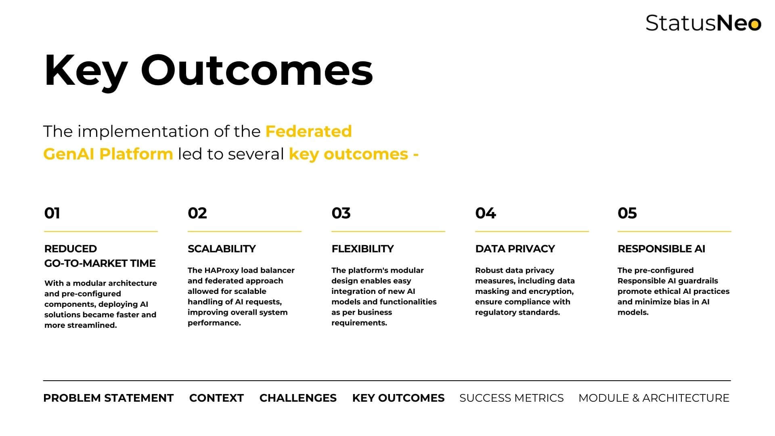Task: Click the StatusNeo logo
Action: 704,23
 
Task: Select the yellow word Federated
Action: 308,131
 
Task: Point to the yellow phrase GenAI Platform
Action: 108,154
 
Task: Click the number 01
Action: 52,213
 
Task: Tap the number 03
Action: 341,213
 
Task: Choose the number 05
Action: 627,213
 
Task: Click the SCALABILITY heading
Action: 222,249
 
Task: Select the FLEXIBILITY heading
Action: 362,249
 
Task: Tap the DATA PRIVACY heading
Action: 515,249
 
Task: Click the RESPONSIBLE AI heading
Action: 661,249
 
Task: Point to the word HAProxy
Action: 222,270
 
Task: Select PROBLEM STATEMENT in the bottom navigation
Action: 108,398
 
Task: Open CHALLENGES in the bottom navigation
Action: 298,398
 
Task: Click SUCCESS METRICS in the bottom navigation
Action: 511,398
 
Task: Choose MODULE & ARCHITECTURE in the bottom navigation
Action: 654,398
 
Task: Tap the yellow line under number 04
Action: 532,231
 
